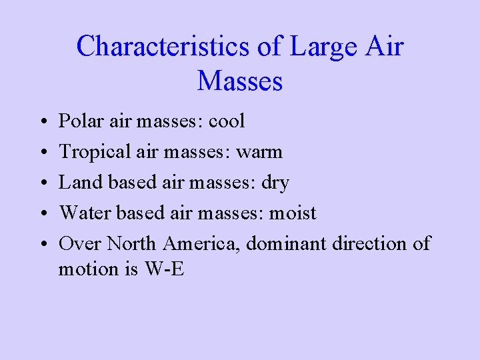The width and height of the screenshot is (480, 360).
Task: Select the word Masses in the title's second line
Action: coord(240,81)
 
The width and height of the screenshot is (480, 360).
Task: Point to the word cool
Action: coord(227,121)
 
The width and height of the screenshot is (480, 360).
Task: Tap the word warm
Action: coord(259,152)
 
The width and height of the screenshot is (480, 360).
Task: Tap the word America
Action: coord(201,244)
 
